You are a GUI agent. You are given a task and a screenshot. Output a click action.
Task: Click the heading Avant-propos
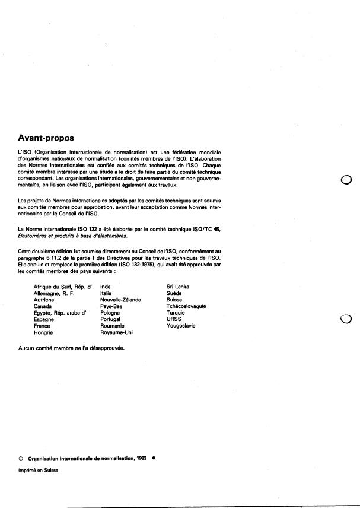tap(46, 138)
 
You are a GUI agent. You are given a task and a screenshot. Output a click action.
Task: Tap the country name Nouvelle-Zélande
tap(120, 300)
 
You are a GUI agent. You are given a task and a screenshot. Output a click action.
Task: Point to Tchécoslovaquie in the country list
tap(186, 306)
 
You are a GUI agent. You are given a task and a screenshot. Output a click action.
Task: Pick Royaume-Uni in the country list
tap(116, 332)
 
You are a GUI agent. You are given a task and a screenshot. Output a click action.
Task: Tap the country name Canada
tap(43, 306)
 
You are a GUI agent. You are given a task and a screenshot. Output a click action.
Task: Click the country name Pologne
tap(110, 313)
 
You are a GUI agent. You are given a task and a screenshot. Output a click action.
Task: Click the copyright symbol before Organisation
tap(21, 459)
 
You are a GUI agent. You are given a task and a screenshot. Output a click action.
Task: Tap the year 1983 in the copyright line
tap(140, 459)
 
